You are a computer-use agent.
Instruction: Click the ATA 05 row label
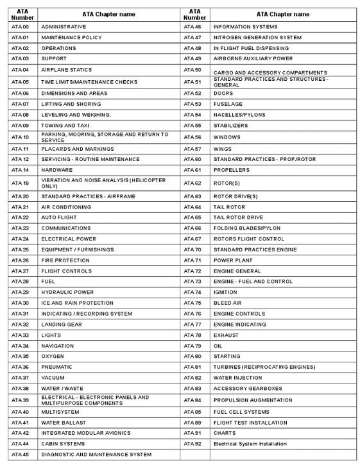click(x=21, y=82)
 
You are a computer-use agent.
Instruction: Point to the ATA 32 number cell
click(x=21, y=325)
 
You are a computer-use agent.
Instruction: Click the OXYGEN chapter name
click(x=53, y=356)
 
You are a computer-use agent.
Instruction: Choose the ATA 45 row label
click(x=21, y=454)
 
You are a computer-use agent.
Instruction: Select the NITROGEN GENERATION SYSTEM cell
click(x=257, y=37)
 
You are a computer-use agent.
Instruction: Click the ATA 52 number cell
click(x=193, y=93)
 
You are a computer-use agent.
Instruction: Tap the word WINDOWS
click(x=227, y=137)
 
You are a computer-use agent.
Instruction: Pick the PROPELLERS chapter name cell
click(x=232, y=170)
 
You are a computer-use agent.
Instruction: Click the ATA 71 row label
click(x=193, y=260)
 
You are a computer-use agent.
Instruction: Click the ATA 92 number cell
click(x=193, y=443)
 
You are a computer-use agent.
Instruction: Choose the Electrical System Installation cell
click(x=250, y=443)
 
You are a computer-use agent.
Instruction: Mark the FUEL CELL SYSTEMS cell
click(x=241, y=412)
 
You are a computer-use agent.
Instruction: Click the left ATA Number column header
click(x=22, y=14)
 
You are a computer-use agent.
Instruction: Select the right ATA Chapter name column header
click(x=282, y=14)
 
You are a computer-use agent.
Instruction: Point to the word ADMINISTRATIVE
click(x=64, y=27)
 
